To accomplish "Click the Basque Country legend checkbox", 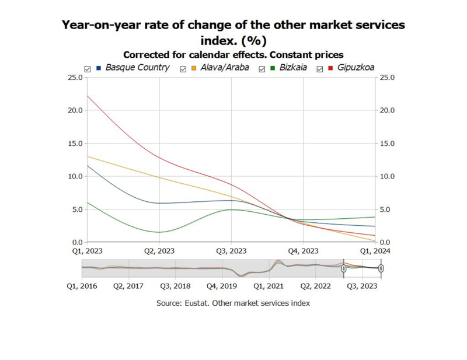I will click(x=88, y=68).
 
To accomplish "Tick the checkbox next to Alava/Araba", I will click(x=183, y=68).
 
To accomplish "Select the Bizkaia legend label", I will click(x=293, y=68).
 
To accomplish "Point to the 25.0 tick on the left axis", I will click(x=74, y=77).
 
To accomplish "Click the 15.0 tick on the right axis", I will click(x=388, y=143).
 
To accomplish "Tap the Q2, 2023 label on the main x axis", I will click(x=159, y=251).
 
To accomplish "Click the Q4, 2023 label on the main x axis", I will click(x=303, y=251).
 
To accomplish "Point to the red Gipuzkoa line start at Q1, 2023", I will click(x=86, y=96).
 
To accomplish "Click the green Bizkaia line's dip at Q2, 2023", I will click(x=159, y=232).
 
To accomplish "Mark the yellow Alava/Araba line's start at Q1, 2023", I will click(x=86, y=156).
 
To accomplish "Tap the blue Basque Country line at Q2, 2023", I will click(x=159, y=203).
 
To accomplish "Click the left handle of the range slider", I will click(x=344, y=268).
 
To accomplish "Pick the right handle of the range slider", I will click(x=381, y=268).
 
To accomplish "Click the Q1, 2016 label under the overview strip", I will click(x=82, y=286).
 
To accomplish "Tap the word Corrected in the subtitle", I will click(x=146, y=55).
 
